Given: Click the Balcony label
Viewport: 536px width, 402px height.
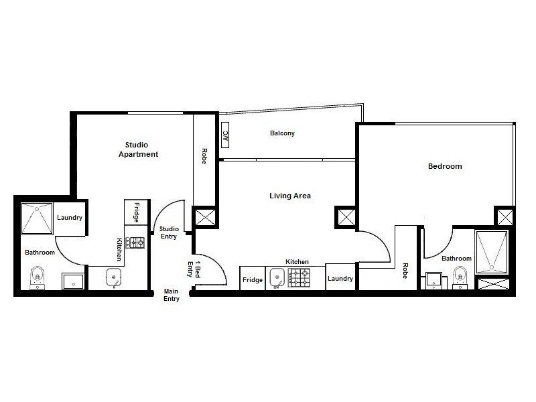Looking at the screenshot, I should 282,133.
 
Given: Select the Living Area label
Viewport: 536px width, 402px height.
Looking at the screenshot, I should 290,196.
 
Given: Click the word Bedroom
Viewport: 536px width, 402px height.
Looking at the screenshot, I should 445,166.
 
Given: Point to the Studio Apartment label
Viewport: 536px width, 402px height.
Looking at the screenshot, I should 138,149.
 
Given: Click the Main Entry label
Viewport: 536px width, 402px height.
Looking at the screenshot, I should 172,295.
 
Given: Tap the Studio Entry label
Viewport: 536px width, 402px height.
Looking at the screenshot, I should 169,232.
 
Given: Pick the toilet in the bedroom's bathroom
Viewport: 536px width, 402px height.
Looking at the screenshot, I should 460,274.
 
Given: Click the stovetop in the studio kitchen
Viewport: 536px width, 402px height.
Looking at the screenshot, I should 137,243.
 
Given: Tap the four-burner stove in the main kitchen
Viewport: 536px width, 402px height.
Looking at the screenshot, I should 299,277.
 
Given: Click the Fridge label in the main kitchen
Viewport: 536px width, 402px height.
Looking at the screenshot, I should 253,280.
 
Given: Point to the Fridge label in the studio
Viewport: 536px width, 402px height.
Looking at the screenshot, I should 136,212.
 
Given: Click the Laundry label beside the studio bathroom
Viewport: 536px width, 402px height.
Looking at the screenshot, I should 70,218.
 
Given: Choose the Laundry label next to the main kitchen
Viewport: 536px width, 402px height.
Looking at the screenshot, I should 340,279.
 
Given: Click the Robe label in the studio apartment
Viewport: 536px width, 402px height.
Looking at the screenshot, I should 203,156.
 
